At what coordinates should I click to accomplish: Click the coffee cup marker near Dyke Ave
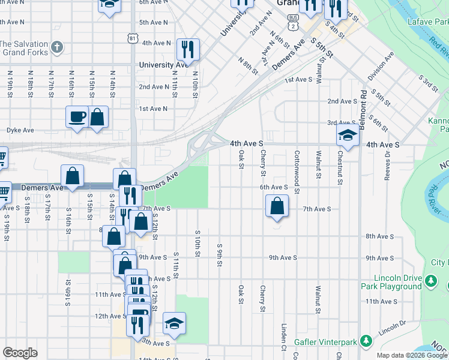coord(77,116)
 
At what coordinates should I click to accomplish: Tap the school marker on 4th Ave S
coord(348,136)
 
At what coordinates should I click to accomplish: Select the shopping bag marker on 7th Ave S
coord(276,207)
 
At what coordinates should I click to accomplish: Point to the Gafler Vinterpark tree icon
coord(364,343)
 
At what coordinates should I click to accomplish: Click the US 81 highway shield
coord(132,38)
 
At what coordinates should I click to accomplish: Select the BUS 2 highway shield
coord(292,23)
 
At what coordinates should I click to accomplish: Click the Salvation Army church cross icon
coord(56,47)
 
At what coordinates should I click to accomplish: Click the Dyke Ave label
coord(20,130)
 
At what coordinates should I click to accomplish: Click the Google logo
coord(20,353)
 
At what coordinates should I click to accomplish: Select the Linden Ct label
coord(283,339)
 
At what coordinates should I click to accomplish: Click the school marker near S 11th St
coord(174,323)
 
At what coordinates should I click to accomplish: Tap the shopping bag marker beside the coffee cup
coord(98,116)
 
